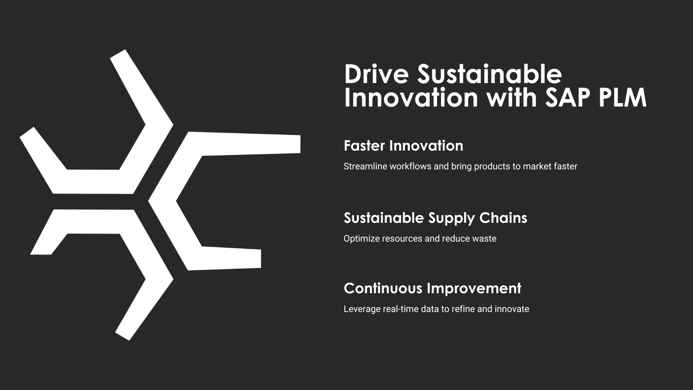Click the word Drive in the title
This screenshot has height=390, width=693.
[x=376, y=74]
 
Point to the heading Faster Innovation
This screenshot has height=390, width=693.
[x=404, y=146]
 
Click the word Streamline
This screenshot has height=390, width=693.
[x=365, y=166]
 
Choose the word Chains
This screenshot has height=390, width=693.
[x=503, y=218]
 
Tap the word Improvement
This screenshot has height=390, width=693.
[x=474, y=289]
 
